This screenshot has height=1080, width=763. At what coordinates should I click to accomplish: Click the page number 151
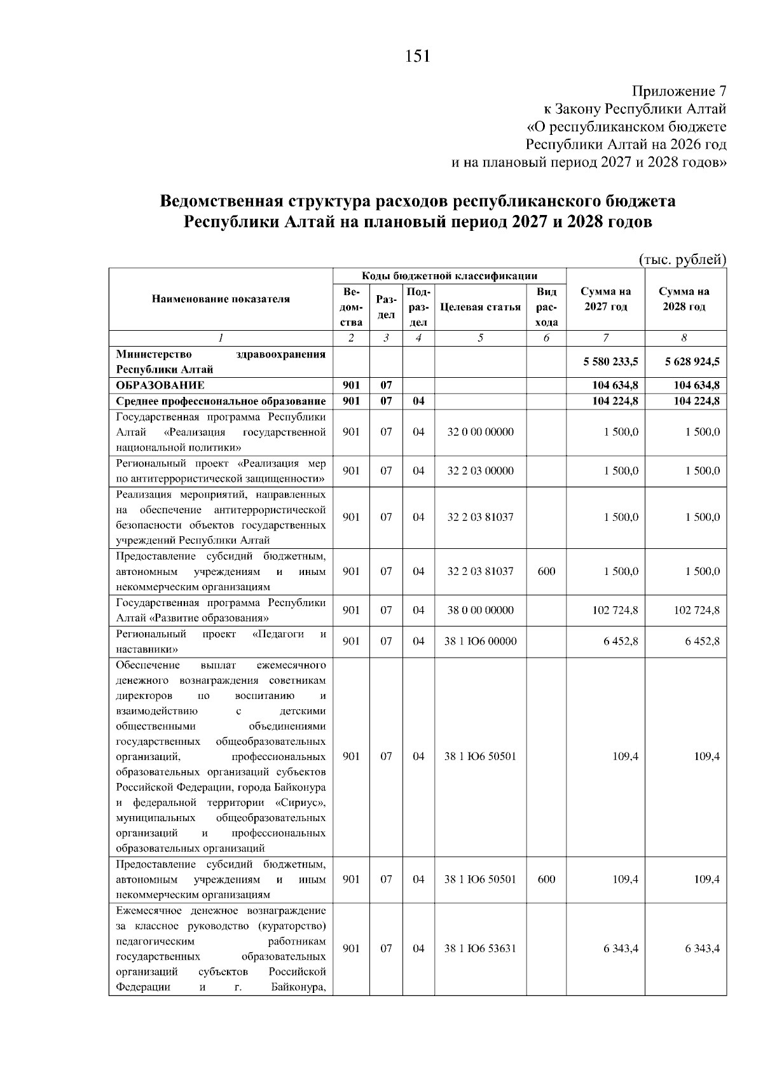tap(417, 57)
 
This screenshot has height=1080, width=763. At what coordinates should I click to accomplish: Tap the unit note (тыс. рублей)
tap(682, 260)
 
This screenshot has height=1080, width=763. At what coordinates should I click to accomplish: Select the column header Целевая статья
tap(480, 307)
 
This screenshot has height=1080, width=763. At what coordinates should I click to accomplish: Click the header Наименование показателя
tap(221, 299)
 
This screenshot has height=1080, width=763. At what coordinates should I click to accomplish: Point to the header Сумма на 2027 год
tap(605, 299)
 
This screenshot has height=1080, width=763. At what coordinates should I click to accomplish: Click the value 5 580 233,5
tap(610, 361)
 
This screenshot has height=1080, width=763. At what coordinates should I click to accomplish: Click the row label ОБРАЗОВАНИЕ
tap(160, 385)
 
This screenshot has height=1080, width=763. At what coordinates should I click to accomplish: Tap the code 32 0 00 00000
tap(480, 432)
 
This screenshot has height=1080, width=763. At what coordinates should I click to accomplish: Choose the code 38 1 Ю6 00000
tap(480, 641)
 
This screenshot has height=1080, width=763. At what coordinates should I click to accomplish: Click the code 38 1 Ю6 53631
tap(480, 948)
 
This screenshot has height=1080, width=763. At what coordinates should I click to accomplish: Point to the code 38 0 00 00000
tap(480, 610)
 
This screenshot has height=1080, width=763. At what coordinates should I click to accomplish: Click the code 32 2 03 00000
tap(480, 471)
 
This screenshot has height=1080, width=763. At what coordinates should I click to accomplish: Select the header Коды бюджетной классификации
tap(450, 276)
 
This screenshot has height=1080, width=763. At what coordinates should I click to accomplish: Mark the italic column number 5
tap(480, 338)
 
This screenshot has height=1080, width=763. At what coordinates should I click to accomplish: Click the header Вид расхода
tap(546, 307)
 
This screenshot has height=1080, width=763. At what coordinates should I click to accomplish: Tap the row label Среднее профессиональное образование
tap(221, 401)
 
